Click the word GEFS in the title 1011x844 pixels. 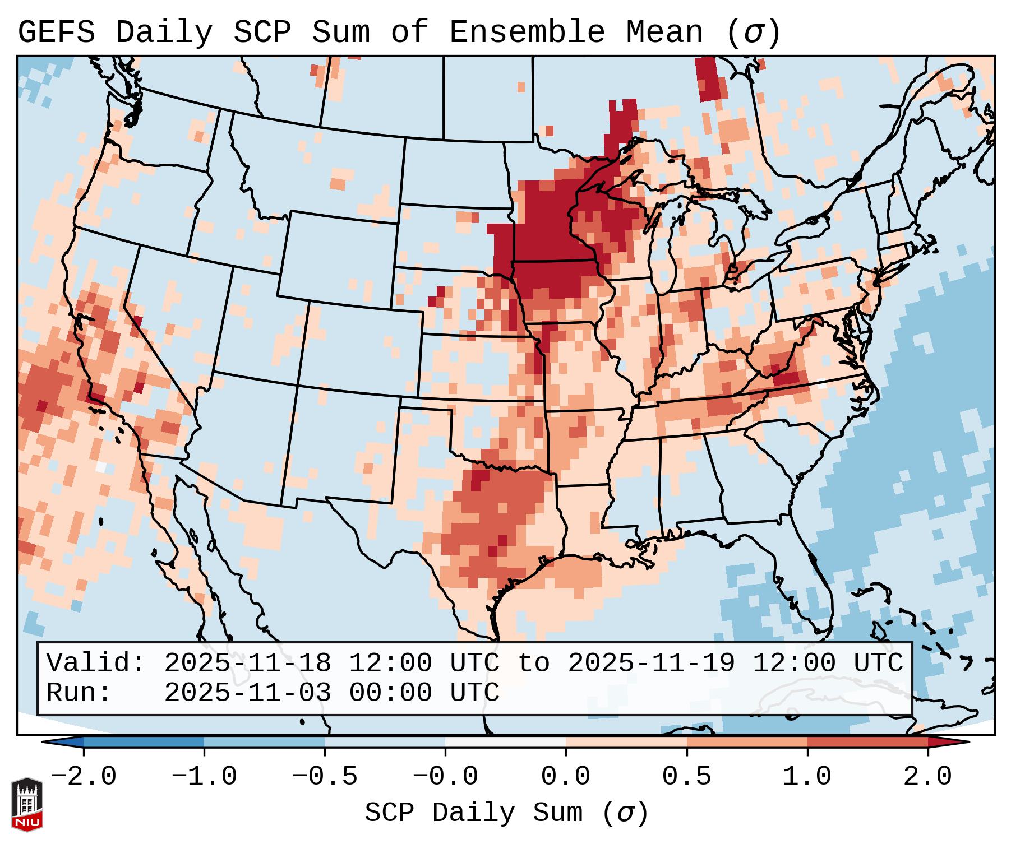pos(56,33)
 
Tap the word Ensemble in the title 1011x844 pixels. pos(527,33)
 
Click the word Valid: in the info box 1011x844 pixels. pos(96,664)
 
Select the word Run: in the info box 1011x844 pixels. pos(79,693)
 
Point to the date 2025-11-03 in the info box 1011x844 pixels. pos(247,693)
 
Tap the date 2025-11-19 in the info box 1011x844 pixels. pos(651,664)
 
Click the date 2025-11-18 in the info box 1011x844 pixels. pos(247,664)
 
